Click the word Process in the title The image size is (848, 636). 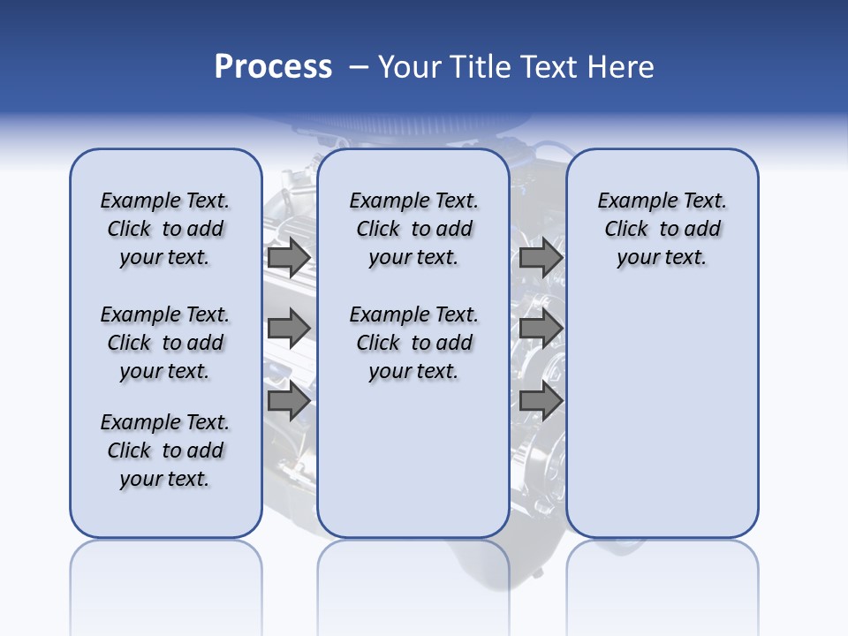coord(273,67)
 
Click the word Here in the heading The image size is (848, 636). coord(623,67)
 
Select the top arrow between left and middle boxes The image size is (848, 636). coord(289,258)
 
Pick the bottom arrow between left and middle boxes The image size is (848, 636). coord(289,401)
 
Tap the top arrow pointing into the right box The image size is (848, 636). coord(541,258)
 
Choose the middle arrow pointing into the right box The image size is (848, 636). coord(541,329)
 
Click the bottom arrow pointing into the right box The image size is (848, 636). coord(541,401)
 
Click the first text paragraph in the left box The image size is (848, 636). coord(165,229)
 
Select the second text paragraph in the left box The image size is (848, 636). coord(165,343)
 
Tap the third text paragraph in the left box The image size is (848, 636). coord(165,450)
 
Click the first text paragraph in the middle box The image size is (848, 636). coord(413,229)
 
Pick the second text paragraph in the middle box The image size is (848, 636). coord(413,343)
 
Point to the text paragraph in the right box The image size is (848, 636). coord(662,229)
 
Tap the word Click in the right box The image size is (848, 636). coord(626,230)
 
